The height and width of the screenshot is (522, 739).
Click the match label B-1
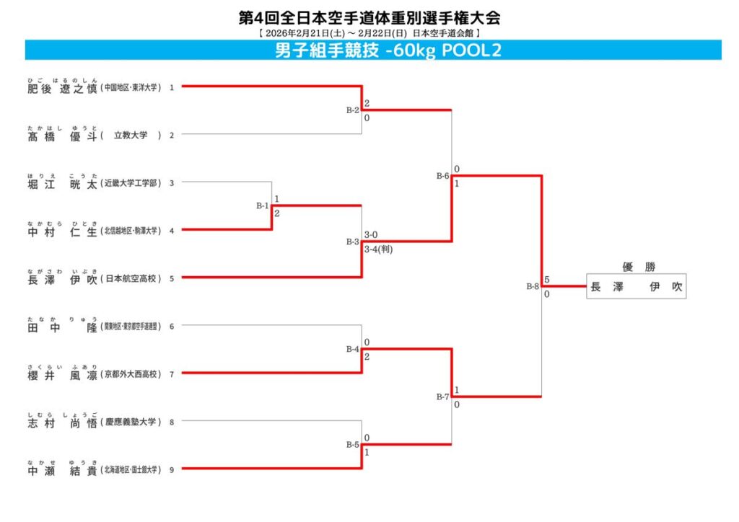click(262, 205)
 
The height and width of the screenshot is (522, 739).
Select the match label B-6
click(442, 175)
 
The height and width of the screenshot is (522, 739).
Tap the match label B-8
click(533, 286)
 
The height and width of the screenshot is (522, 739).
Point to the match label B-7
click(442, 397)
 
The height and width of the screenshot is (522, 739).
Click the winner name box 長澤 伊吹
click(636, 287)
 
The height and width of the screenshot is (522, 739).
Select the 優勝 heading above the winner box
click(635, 266)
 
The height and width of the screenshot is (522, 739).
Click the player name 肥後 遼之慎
click(62, 87)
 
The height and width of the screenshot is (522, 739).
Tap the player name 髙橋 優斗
click(62, 135)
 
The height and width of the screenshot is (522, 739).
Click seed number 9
click(172, 469)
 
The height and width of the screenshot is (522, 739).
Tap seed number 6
click(172, 327)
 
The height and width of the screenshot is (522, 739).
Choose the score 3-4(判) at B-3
click(378, 249)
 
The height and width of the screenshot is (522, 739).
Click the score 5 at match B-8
click(548, 279)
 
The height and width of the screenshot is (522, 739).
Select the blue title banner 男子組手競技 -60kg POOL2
click(373, 50)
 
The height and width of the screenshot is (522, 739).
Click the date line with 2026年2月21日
click(369, 33)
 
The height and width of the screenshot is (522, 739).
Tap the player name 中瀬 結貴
click(62, 469)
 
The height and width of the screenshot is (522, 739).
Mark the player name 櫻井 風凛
click(62, 374)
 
